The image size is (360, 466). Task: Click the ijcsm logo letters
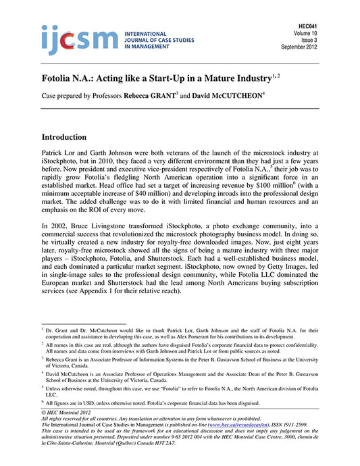coord(79,40)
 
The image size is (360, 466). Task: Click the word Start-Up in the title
coord(159,80)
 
